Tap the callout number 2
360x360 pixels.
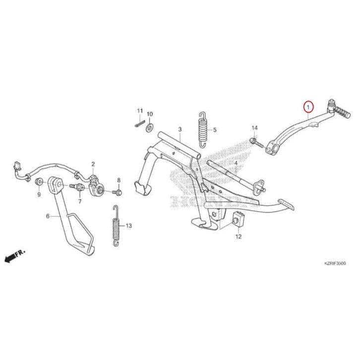pyautogui.click(x=92, y=163)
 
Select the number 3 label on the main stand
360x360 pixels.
pyautogui.click(x=180, y=129)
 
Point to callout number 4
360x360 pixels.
pyautogui.click(x=236, y=163)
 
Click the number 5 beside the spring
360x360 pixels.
pyautogui.click(x=215, y=130)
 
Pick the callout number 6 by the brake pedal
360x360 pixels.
pyautogui.click(x=48, y=216)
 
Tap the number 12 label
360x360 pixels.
pyautogui.click(x=238, y=237)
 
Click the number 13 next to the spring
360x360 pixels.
pyautogui.click(x=128, y=226)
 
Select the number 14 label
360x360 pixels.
pyautogui.click(x=255, y=128)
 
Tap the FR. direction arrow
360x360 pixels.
pyautogui.click(x=14, y=256)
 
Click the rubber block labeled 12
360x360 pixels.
pyautogui.click(x=238, y=218)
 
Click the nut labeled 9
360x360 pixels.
pyautogui.click(x=39, y=185)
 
